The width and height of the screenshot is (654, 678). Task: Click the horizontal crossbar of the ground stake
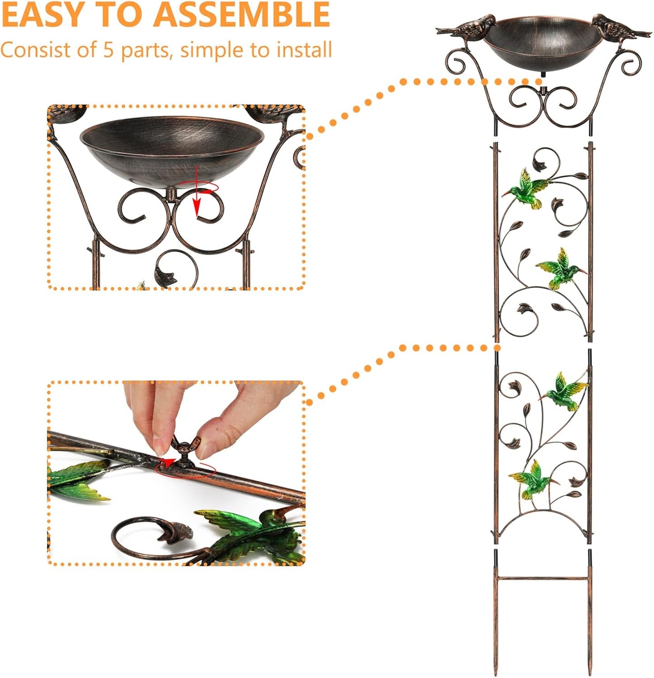[x=543, y=578]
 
